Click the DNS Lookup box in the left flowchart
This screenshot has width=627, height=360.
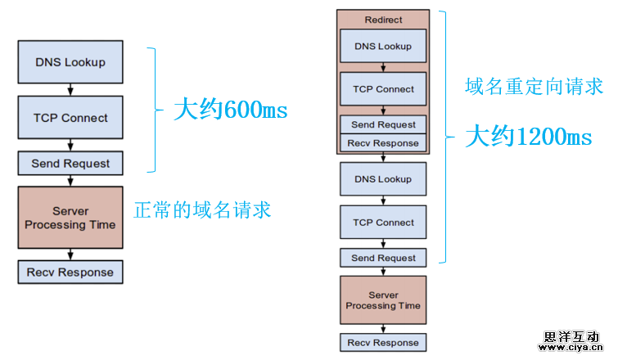pos(70,62)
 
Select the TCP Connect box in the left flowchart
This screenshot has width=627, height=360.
pos(70,118)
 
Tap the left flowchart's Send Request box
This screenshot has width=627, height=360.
pos(70,164)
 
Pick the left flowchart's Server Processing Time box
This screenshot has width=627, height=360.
pos(70,218)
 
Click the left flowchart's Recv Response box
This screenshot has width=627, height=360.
pos(70,272)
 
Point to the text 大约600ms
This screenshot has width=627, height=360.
pos(230,110)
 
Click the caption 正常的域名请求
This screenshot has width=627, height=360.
pos(202,210)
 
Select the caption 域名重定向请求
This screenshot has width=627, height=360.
pos(534,86)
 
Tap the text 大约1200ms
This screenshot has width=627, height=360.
pos(528,137)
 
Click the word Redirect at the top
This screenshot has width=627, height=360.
pos(383,20)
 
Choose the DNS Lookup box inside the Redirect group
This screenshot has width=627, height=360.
pos(383,47)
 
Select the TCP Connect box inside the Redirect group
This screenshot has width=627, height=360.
pos(383,89)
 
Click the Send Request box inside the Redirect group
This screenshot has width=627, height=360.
pos(383,125)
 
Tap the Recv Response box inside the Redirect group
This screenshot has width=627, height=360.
pos(383,143)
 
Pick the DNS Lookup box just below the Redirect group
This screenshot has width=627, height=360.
pos(383,179)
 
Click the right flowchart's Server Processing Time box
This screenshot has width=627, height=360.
pos(383,300)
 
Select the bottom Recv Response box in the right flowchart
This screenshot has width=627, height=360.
pos(383,343)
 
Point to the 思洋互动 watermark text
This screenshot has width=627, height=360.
pos(571,336)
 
